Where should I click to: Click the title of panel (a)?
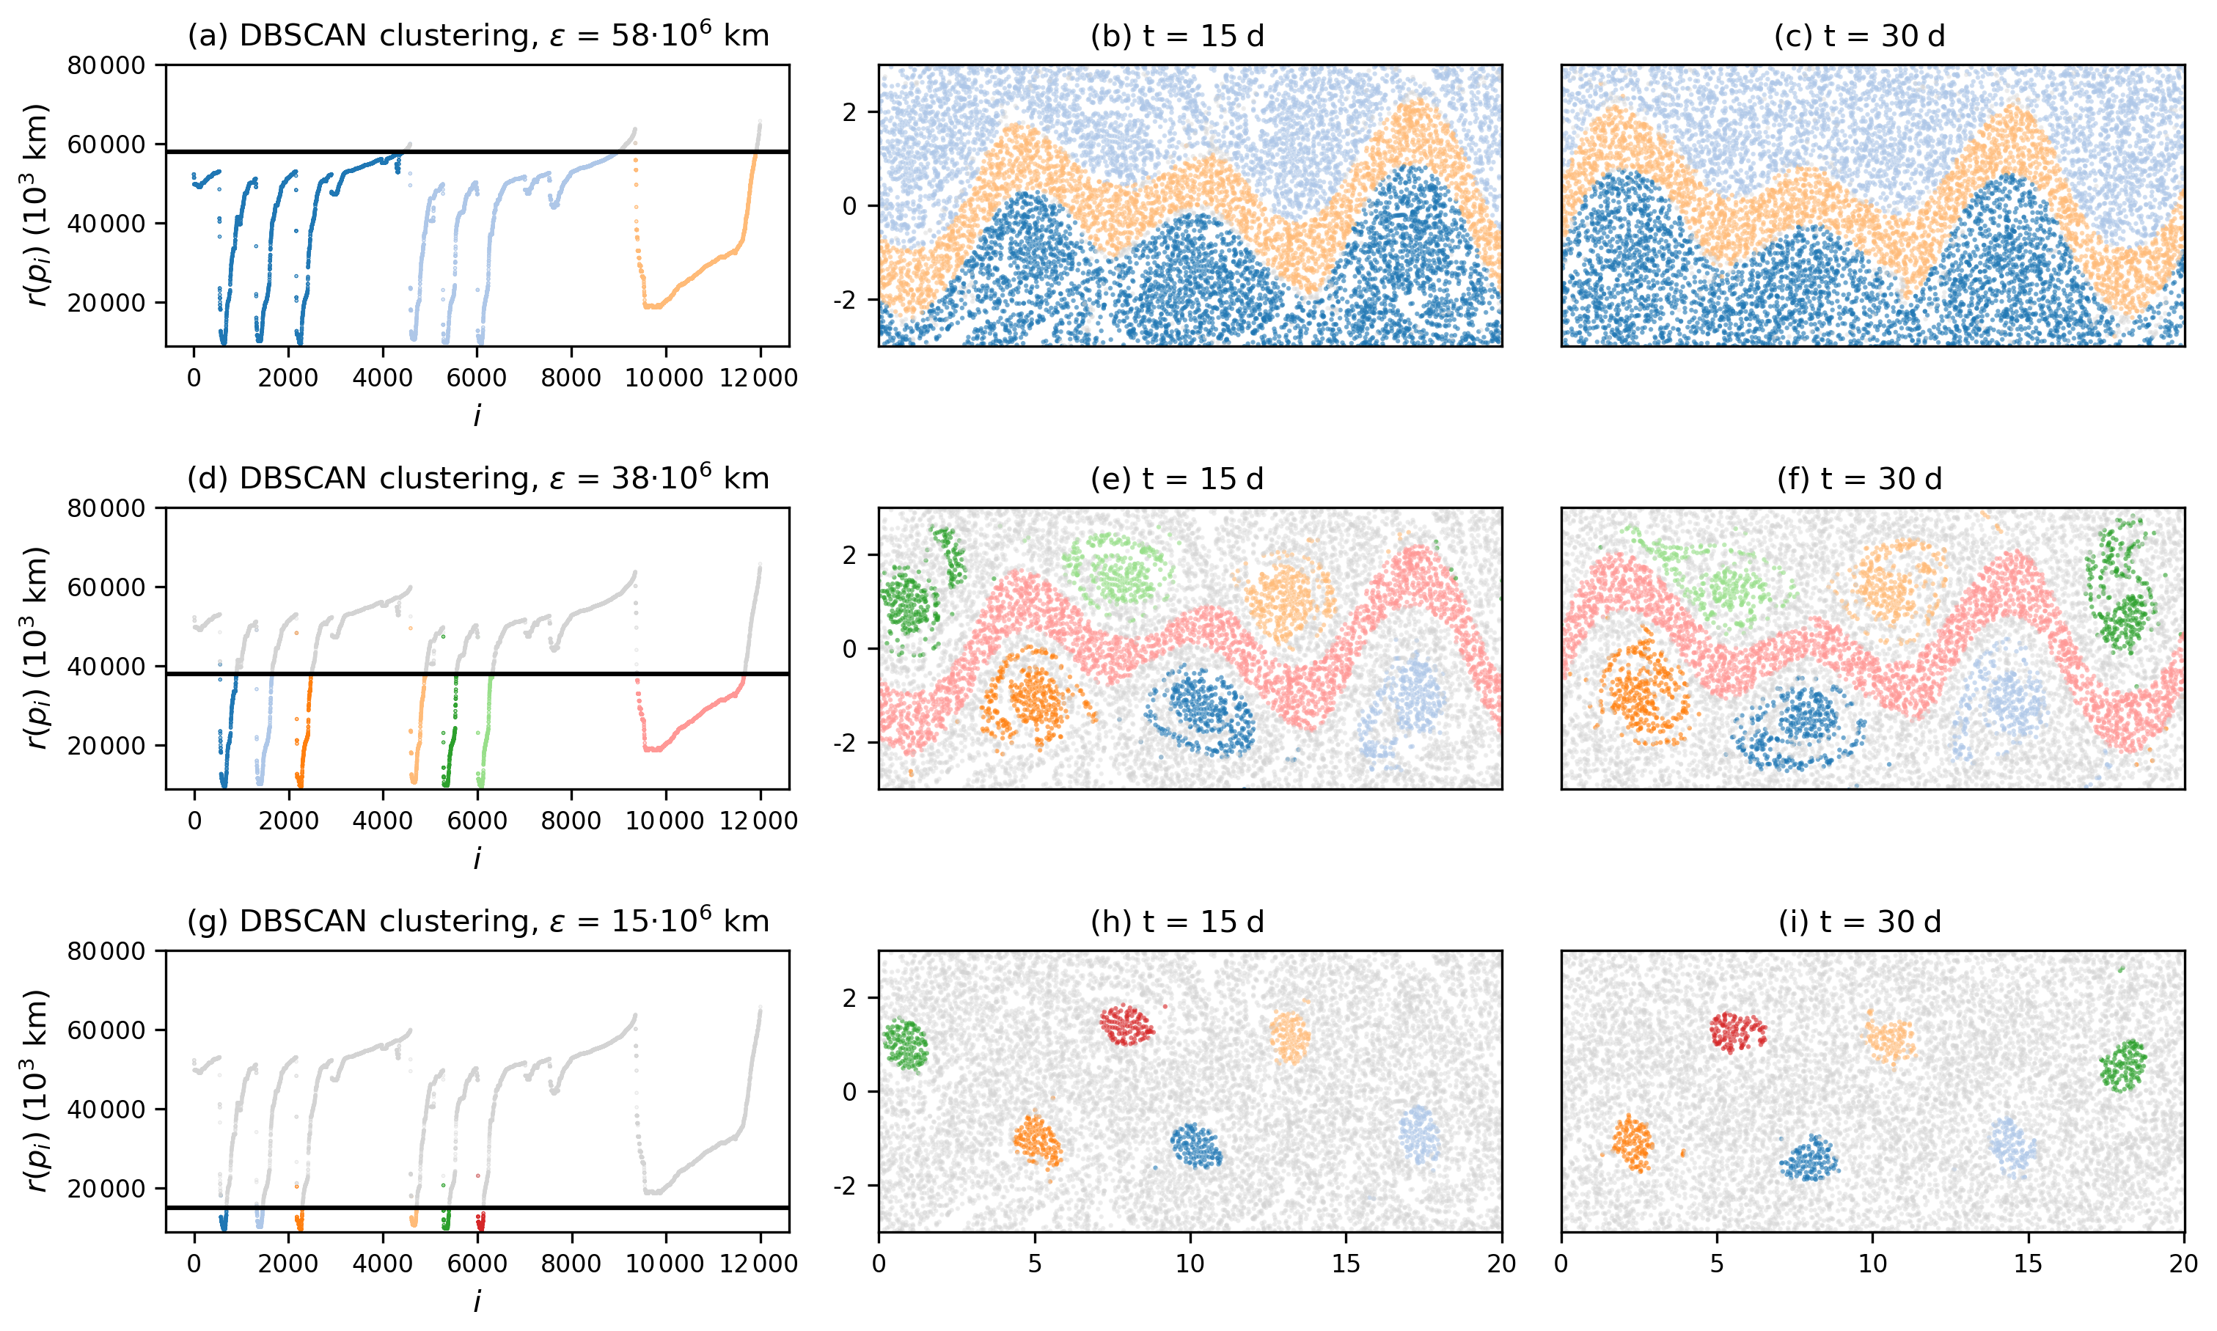[x=477, y=36]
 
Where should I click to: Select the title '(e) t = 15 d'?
[x=1176, y=479]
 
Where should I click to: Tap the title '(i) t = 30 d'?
[x=1859, y=922]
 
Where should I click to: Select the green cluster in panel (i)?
[x=2123, y=1066]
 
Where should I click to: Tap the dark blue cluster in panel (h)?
[x=1195, y=1145]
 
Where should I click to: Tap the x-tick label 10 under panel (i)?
[x=1872, y=1264]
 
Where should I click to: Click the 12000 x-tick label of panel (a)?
[x=761, y=378]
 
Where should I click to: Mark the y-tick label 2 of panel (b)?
[x=849, y=112]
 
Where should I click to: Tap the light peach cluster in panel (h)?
[x=1291, y=1037]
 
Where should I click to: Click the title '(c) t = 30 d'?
[x=1859, y=36]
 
